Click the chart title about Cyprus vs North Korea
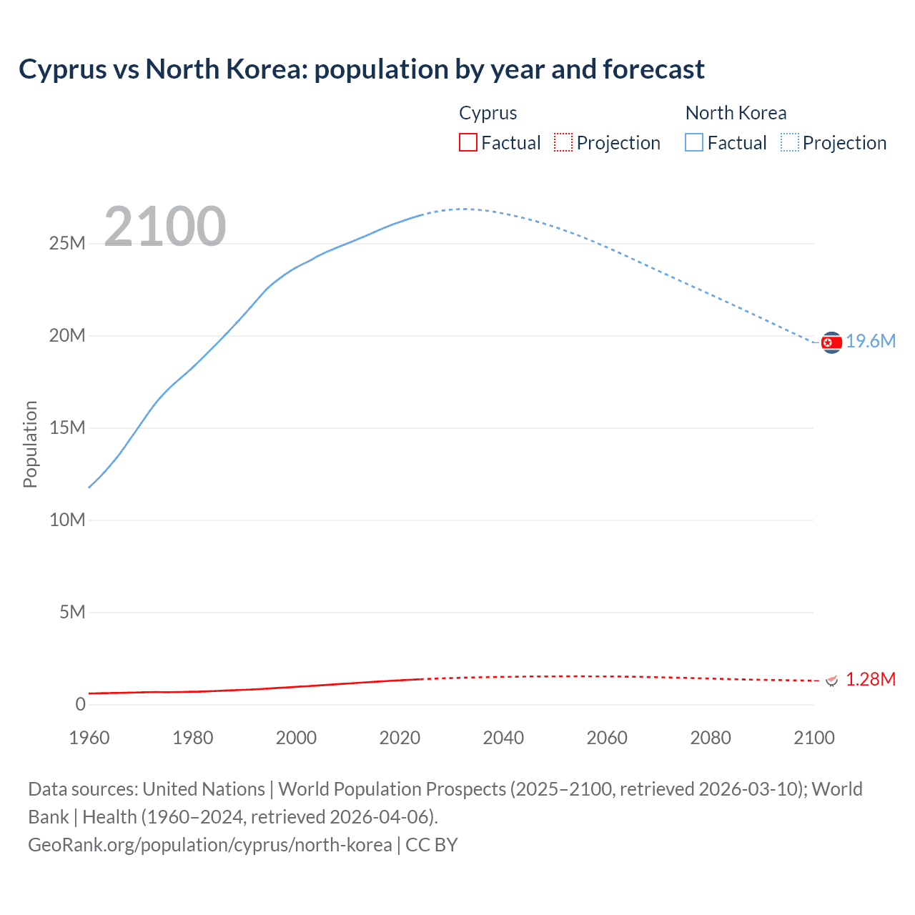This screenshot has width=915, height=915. (361, 69)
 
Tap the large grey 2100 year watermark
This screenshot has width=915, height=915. (165, 227)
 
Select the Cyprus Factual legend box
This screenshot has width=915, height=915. (468, 143)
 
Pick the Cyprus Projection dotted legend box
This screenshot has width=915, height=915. (563, 143)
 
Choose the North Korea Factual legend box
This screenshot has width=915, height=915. (694, 143)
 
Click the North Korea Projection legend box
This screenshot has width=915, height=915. (790, 143)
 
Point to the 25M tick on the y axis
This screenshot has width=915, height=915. (67, 244)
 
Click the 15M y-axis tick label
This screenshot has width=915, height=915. (67, 428)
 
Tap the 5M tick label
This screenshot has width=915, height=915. (72, 613)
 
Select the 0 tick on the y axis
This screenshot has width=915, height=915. (80, 705)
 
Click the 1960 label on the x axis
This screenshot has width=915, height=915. (89, 738)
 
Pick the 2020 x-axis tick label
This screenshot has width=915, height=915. (400, 738)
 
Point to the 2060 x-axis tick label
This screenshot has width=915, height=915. (607, 738)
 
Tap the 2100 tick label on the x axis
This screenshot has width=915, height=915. (813, 738)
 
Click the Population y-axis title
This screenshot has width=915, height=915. (30, 444)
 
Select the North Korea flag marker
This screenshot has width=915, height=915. (831, 343)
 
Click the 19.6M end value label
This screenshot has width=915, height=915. (871, 342)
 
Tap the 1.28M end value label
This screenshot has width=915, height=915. (871, 680)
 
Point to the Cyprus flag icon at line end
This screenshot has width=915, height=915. (831, 681)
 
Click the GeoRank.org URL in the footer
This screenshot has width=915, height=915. (209, 845)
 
